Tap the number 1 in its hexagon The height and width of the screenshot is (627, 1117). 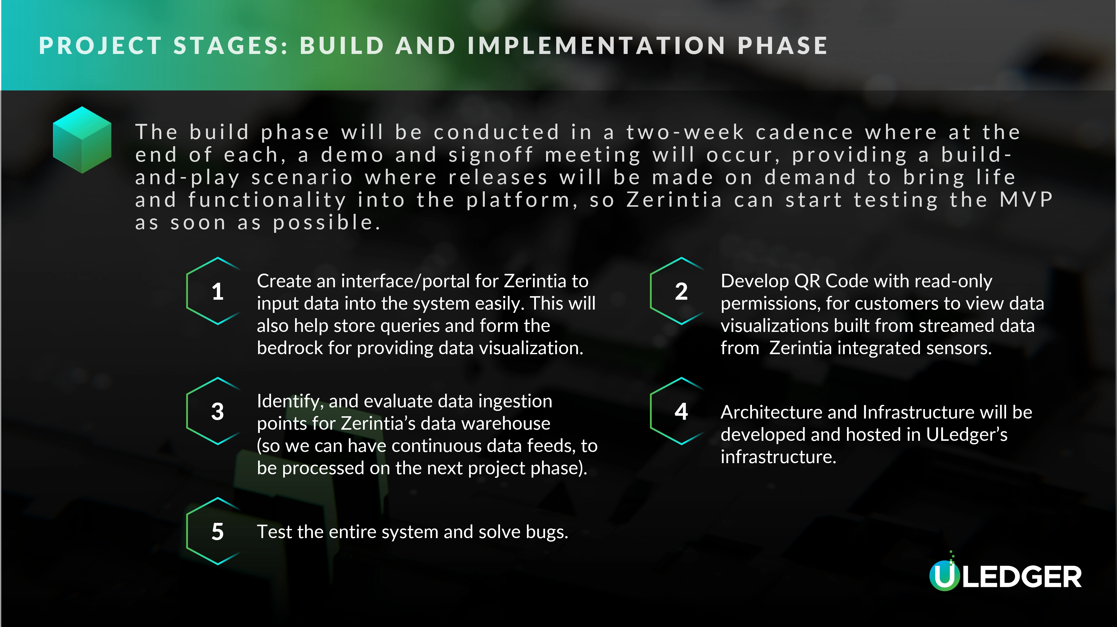click(x=218, y=291)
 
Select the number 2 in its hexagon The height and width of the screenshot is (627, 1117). click(x=681, y=291)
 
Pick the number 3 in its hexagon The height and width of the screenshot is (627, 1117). click(x=218, y=411)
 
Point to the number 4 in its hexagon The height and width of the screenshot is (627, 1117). click(x=681, y=411)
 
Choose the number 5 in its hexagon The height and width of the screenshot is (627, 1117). click(x=218, y=531)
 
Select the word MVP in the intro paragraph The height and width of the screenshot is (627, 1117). click(x=1026, y=200)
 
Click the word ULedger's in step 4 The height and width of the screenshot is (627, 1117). click(x=967, y=434)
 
